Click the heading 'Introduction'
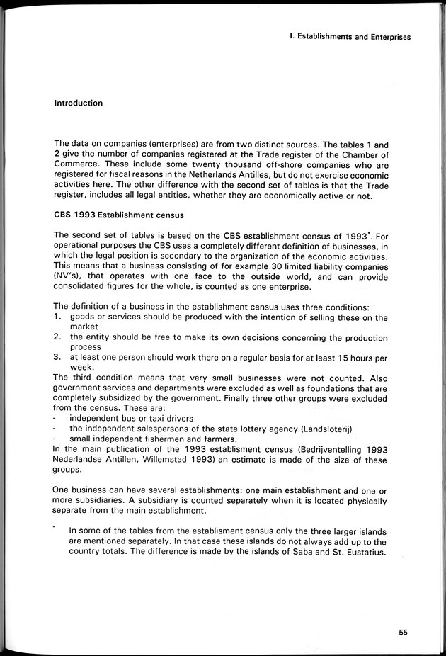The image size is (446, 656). click(79, 103)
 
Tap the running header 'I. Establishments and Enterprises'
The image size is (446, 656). click(350, 37)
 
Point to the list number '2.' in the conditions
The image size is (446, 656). click(59, 337)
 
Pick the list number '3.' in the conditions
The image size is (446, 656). click(59, 357)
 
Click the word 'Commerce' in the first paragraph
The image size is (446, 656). click(76, 166)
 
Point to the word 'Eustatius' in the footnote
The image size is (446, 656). click(365, 553)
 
